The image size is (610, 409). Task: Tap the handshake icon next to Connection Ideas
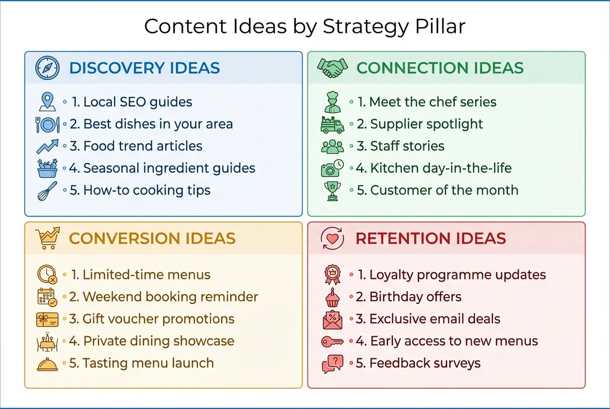click(x=332, y=68)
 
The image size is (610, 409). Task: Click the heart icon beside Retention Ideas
click(x=333, y=238)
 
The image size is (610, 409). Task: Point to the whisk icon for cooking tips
click(x=47, y=191)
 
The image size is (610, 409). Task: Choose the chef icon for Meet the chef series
click(x=332, y=102)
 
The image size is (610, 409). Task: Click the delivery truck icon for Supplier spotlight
click(x=332, y=124)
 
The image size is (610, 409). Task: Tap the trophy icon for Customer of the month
click(x=332, y=191)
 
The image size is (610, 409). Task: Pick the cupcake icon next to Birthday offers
click(x=332, y=297)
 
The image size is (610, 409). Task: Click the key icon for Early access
click(x=332, y=341)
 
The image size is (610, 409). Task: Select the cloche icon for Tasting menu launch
click(x=47, y=364)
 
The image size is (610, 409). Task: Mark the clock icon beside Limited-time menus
click(x=47, y=275)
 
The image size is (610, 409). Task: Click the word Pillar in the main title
click(x=440, y=26)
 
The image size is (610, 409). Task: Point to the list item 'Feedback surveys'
click(x=424, y=363)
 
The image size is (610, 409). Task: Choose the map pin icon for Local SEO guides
click(x=47, y=102)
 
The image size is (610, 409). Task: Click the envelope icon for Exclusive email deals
click(x=332, y=319)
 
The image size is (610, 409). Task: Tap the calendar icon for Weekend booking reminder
click(x=47, y=297)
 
